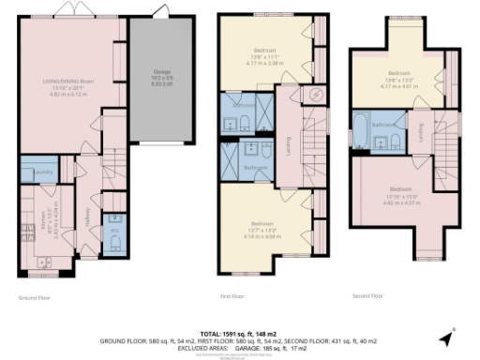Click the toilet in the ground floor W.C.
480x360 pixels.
pos(114,241)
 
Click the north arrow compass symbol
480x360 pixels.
pos(445,337)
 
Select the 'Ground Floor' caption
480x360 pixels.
pos(34,297)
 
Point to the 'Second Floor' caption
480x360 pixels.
pos(367,297)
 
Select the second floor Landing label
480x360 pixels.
pos(423,135)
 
